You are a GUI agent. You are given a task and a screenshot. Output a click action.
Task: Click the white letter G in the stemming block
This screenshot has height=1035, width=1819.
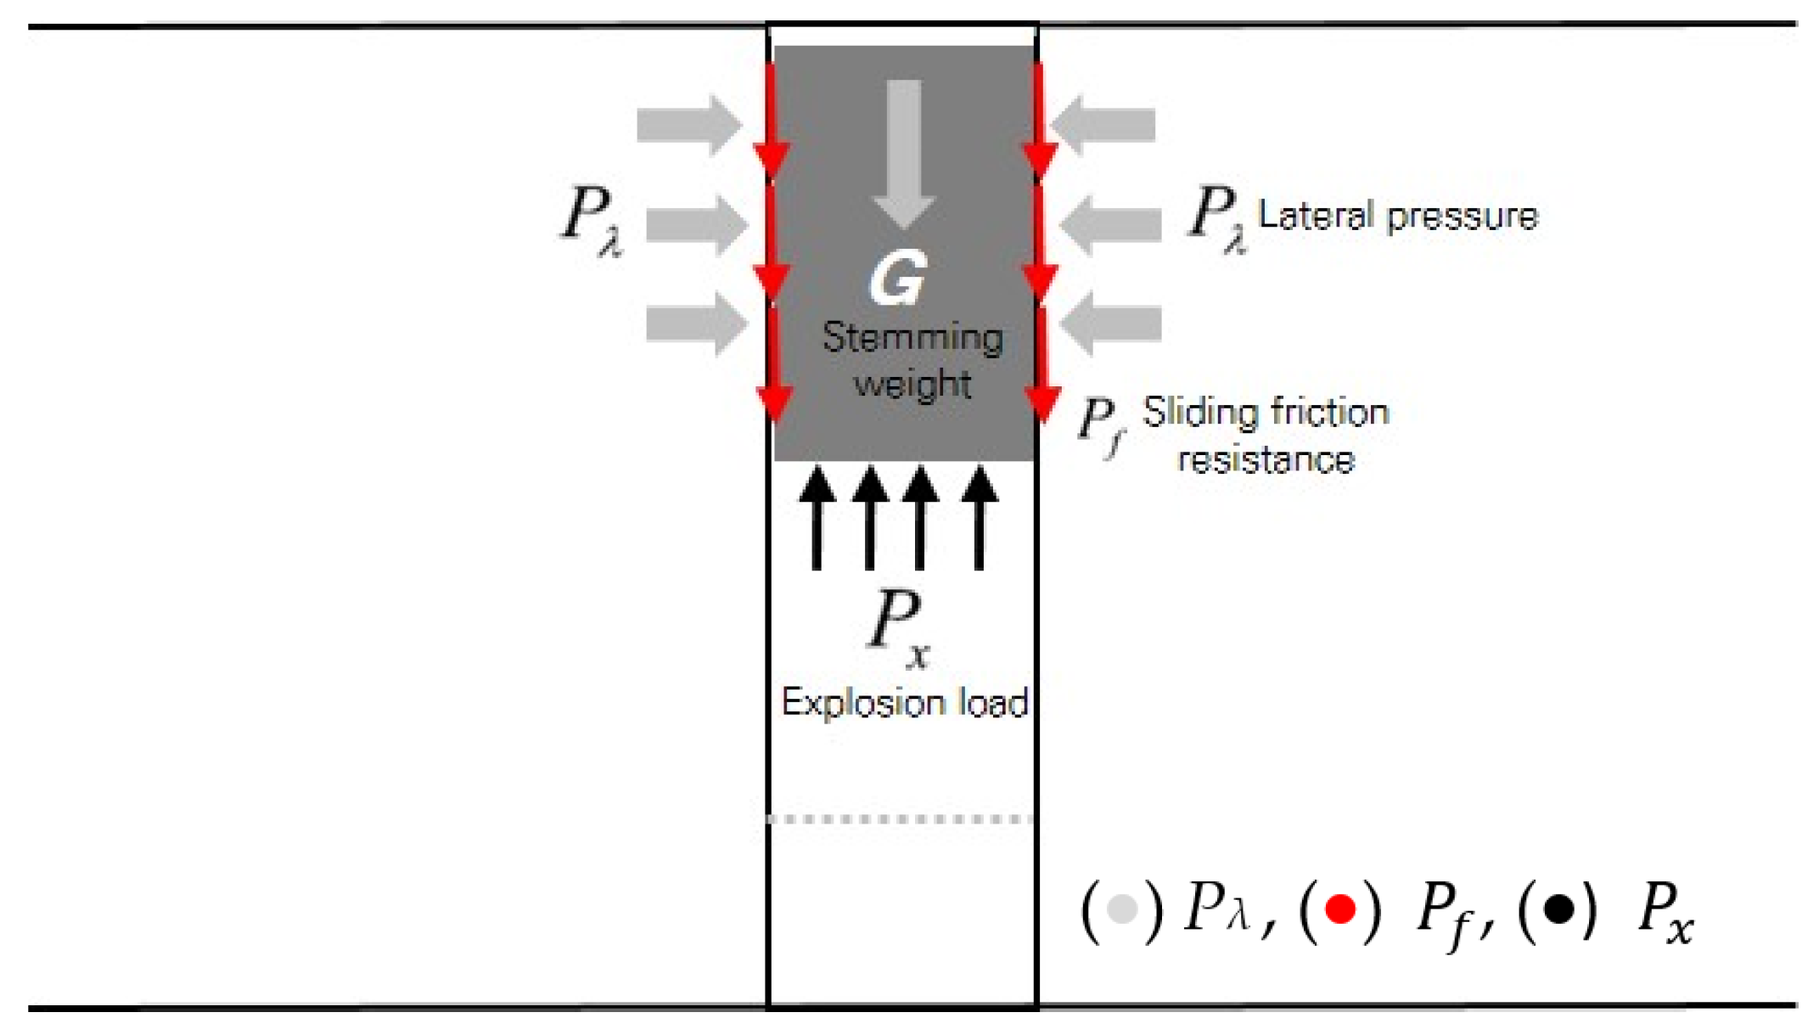[898, 278]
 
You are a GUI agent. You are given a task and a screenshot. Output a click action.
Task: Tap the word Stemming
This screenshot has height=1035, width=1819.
[912, 338]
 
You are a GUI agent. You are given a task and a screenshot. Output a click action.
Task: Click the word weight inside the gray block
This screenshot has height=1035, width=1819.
[912, 385]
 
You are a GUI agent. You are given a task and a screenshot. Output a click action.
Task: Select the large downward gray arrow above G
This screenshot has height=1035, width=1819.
[904, 153]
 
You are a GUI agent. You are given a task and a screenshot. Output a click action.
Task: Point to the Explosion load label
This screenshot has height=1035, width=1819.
[905, 703]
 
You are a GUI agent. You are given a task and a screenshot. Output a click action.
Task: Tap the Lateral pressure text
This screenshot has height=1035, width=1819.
[1397, 216]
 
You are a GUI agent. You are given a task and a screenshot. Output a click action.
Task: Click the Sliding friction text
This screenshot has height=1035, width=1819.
[1266, 413]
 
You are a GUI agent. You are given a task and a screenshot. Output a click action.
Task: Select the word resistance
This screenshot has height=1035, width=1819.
[1266, 460]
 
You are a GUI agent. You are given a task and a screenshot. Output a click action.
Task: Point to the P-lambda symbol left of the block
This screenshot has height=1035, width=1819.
[592, 219]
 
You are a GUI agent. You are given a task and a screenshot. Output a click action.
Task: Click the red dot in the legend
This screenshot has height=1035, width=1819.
[1340, 909]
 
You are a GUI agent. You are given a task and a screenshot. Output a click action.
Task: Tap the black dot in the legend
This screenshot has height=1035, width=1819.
[1558, 909]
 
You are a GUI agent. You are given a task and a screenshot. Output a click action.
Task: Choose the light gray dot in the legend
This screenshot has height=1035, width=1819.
[1122, 909]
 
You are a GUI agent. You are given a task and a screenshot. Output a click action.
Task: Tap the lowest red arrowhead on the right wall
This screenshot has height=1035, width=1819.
[1042, 403]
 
